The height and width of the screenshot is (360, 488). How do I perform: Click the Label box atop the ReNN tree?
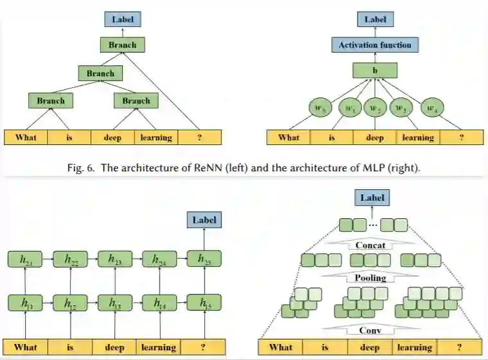click(x=122, y=19)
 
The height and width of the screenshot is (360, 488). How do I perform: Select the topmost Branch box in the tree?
click(x=122, y=45)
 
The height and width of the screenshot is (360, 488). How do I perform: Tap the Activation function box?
click(x=375, y=45)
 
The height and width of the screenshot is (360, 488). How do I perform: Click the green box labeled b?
click(x=375, y=70)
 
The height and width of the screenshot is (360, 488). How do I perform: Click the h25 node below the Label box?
click(x=204, y=259)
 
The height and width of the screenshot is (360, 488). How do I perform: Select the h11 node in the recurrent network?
click(x=26, y=303)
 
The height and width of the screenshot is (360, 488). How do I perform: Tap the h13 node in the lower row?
click(x=116, y=303)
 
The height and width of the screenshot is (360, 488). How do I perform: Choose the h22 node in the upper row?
click(x=71, y=259)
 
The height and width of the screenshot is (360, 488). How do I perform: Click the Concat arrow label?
click(x=370, y=245)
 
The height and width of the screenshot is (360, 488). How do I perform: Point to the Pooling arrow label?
click(x=370, y=277)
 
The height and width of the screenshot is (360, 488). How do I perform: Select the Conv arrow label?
click(x=370, y=330)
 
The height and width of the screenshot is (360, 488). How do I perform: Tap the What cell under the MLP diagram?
click(x=289, y=137)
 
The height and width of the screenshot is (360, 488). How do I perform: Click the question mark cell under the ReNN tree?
click(x=200, y=137)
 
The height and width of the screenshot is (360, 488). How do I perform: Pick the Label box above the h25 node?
click(x=204, y=219)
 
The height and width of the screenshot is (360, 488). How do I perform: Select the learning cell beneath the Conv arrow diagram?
click(x=414, y=348)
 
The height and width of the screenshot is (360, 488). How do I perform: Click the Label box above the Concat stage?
click(x=372, y=198)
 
